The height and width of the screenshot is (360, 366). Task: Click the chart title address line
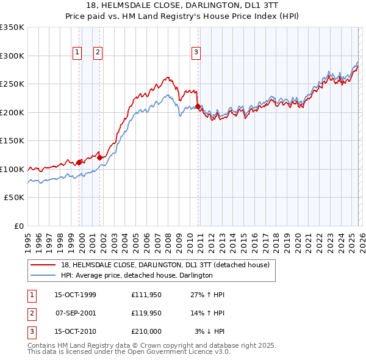[x=183, y=5]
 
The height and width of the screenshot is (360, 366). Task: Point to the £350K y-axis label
[x=12, y=27]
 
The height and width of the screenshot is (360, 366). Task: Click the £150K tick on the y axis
[x=12, y=141]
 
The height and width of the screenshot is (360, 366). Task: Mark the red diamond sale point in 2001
[x=99, y=158]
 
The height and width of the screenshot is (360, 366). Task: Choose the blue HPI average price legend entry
[x=137, y=275]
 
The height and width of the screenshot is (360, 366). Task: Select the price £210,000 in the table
[x=146, y=332]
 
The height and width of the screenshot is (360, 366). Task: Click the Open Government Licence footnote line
[x=129, y=351]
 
